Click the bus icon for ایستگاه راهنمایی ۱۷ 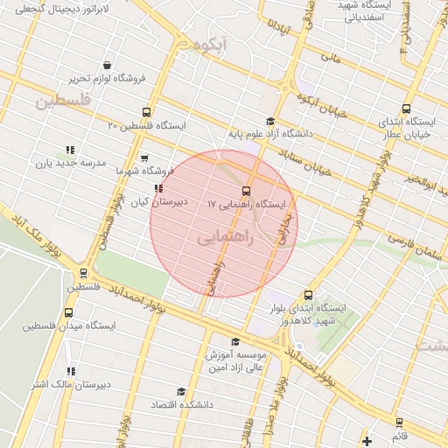tap(245, 191)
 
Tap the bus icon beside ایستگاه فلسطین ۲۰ tap(146, 112)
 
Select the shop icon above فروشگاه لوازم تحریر tap(107, 65)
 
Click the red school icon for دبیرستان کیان tap(157, 188)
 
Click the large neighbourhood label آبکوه tap(211, 44)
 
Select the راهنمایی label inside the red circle tap(223, 237)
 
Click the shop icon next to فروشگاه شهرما tap(144, 158)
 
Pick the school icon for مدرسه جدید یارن tap(69, 150)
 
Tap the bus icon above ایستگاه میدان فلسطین tap(69, 313)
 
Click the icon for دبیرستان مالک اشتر tap(70, 371)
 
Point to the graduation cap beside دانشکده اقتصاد tap(181, 392)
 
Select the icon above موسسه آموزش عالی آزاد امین tap(234, 342)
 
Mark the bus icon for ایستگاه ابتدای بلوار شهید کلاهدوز tap(308, 296)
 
